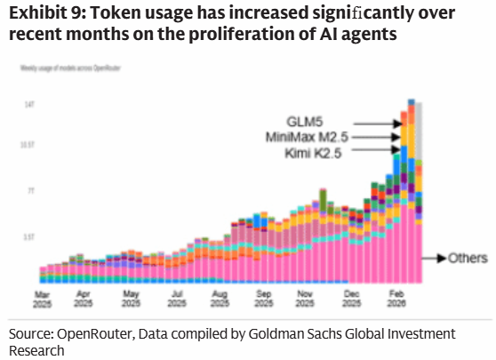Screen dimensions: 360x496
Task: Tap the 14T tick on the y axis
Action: pos(28,105)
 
